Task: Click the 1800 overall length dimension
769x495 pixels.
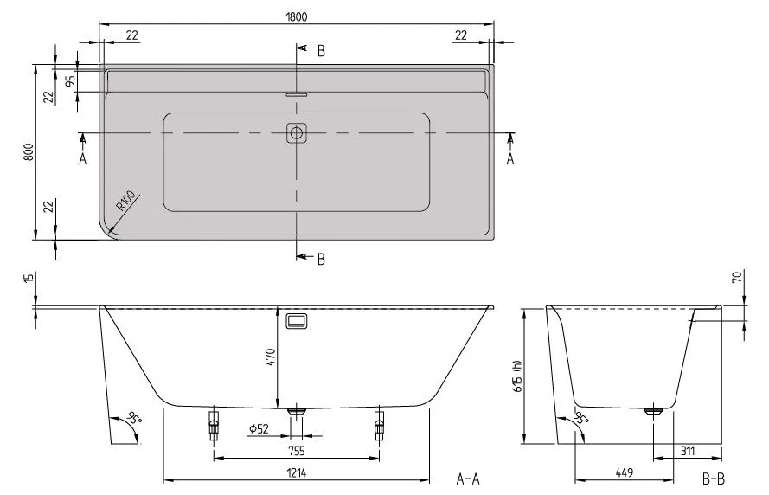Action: point(297,16)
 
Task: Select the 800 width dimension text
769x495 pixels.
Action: point(29,151)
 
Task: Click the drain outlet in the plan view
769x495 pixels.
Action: point(297,132)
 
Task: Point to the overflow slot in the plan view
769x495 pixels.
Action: point(297,94)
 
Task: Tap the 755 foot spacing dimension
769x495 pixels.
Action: point(298,450)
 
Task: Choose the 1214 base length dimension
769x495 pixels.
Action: point(298,472)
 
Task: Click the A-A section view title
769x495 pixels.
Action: point(468,478)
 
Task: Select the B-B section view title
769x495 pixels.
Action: point(714,478)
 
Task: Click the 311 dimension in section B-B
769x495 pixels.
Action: point(688,450)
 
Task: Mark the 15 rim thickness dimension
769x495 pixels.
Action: point(29,278)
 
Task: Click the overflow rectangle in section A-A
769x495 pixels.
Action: point(297,320)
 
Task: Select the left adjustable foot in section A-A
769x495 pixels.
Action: point(214,423)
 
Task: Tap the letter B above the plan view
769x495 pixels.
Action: point(320,50)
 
